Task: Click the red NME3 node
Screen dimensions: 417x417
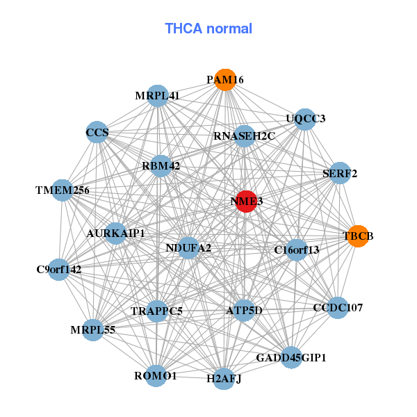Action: click(x=246, y=202)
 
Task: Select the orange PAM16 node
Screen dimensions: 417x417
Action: click(x=225, y=80)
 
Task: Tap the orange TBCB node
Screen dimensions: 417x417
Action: click(x=358, y=236)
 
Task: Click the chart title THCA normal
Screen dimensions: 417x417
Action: click(x=208, y=28)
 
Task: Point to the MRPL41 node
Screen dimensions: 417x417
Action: click(x=158, y=96)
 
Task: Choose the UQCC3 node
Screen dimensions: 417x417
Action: click(x=305, y=120)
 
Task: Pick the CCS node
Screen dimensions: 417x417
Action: click(x=97, y=132)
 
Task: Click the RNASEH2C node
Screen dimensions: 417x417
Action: click(x=244, y=136)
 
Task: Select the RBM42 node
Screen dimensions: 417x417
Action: click(x=161, y=166)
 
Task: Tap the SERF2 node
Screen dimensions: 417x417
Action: click(x=340, y=173)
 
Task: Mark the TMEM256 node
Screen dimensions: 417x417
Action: click(x=63, y=190)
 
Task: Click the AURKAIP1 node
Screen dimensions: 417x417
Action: click(x=115, y=234)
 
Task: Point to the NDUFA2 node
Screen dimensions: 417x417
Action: click(x=188, y=248)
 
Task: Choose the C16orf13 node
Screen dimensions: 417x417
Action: click(x=297, y=250)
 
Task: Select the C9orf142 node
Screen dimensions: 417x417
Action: click(x=59, y=270)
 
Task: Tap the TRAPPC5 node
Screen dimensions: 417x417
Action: click(x=156, y=311)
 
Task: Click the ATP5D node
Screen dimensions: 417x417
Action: click(x=244, y=310)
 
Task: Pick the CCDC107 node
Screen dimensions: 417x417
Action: click(x=338, y=308)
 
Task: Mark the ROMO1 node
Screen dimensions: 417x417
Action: click(x=156, y=376)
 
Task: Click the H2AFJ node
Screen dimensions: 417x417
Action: click(x=224, y=379)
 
